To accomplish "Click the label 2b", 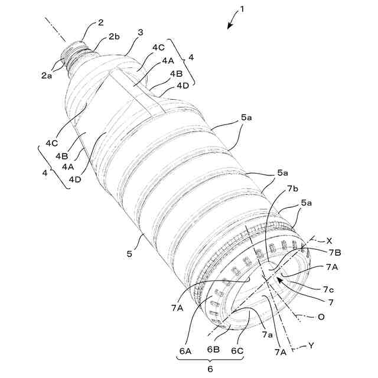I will click(115, 37).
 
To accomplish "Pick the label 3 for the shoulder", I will click(141, 33).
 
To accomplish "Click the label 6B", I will click(214, 351).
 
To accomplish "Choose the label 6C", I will click(237, 351).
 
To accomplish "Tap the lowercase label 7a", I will click(268, 334).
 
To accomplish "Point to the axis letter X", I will click(330, 240).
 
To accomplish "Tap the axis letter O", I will click(321, 317).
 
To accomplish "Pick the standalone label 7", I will click(331, 302).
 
